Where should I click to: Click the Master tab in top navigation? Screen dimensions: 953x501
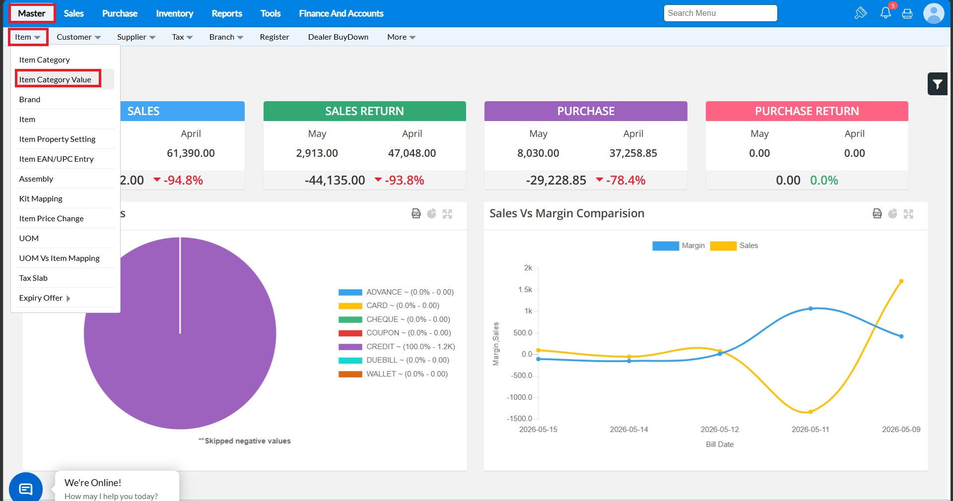[32, 13]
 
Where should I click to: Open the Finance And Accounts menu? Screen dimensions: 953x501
[341, 13]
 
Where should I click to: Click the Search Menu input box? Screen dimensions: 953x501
[720, 13]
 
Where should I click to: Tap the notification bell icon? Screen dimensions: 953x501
[885, 13]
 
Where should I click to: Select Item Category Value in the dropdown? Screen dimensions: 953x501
[55, 79]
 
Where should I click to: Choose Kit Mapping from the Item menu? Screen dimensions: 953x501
[41, 198]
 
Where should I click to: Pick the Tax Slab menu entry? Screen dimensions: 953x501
[33, 278]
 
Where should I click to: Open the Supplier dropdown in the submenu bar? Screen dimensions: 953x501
[136, 37]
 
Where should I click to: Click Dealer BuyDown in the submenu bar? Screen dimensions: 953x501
[338, 37]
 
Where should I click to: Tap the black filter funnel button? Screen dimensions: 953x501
[937, 84]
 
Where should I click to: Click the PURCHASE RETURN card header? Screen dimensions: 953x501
[807, 111]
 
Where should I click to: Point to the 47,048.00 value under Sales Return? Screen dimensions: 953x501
[412, 153]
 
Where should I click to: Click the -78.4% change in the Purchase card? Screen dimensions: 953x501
[625, 180]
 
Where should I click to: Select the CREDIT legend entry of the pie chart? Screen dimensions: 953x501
[397, 347]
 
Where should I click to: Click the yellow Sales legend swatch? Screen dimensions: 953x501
[723, 246]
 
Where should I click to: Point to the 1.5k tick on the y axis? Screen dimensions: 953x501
[525, 290]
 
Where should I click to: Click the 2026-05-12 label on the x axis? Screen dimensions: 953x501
[720, 430]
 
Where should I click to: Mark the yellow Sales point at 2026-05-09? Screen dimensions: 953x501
[901, 281]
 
